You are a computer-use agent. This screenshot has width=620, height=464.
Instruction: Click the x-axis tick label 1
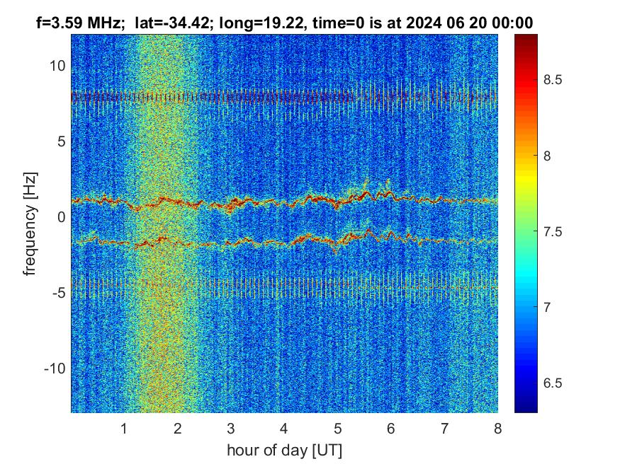click(124, 428)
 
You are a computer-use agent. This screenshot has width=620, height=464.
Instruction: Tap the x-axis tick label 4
click(284, 428)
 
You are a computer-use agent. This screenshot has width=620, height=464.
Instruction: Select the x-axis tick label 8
click(497, 428)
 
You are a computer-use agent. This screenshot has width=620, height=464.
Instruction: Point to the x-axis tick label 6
click(390, 428)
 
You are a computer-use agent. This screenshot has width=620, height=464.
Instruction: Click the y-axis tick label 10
click(57, 66)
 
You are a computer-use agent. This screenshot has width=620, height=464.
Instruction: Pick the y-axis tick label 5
click(62, 141)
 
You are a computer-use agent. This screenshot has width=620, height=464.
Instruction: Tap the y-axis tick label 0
click(62, 217)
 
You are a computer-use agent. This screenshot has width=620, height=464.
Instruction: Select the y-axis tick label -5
click(59, 293)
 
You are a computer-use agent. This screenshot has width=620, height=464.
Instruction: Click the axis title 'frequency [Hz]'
click(29, 222)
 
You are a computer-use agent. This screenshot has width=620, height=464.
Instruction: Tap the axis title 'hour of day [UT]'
click(284, 450)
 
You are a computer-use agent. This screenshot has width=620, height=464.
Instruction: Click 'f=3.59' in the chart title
click(59, 23)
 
